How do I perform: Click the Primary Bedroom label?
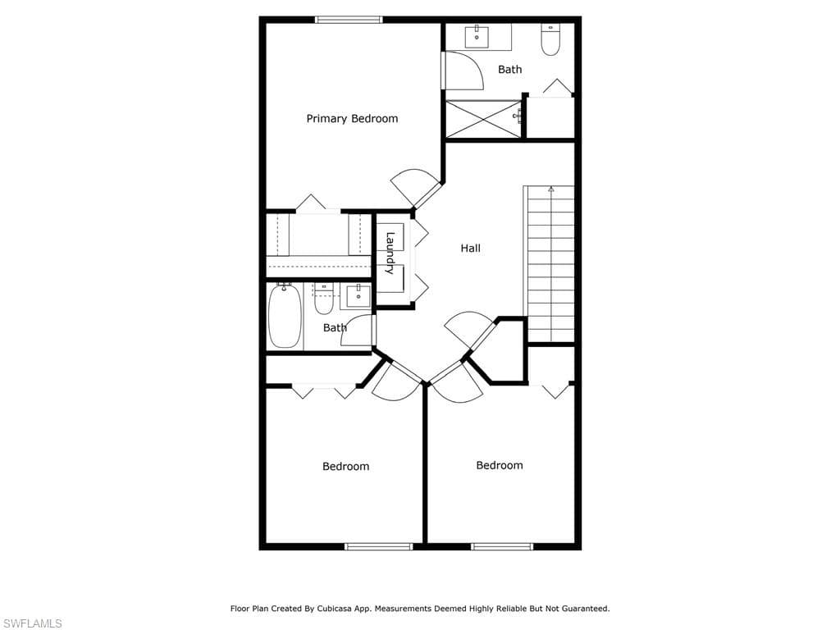click(352, 118)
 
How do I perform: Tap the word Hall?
click(470, 248)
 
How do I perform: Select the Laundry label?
click(390, 253)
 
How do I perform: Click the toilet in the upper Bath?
click(550, 39)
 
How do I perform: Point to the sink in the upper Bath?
click(477, 36)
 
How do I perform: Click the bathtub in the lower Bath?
click(285, 316)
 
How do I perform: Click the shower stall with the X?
click(483, 119)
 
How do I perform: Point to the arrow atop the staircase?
click(550, 189)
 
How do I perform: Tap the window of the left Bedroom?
click(379, 546)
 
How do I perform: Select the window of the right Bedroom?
click(502, 546)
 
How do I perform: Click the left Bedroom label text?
click(345, 466)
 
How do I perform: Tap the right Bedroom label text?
click(500, 465)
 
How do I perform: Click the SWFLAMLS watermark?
click(31, 623)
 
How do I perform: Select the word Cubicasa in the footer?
click(333, 609)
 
